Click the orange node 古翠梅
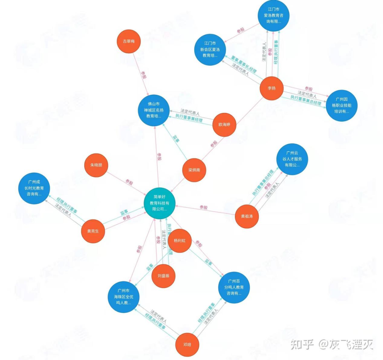point(129,41)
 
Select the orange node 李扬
point(272,88)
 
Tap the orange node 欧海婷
point(224,125)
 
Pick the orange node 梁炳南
point(194,170)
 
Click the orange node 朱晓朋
point(96,166)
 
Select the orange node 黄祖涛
point(248,216)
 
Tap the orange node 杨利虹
point(180,241)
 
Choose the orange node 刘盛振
point(163,276)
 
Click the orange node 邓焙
point(188,345)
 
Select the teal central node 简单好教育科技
point(160,203)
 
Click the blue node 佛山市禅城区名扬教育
point(153,110)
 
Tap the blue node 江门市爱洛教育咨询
point(273,16)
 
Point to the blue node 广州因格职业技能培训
point(342,106)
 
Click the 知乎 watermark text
point(302,344)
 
